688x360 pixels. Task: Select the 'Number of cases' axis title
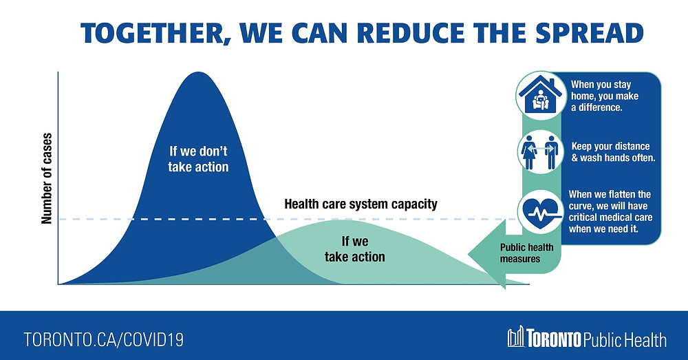tap(47, 178)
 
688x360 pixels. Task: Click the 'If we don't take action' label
tap(198, 159)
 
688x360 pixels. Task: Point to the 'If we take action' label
tap(355, 249)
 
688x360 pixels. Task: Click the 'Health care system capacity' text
tap(361, 204)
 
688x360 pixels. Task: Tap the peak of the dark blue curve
tap(198, 72)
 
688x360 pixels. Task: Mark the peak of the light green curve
tap(347, 220)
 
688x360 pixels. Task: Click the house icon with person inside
tap(541, 96)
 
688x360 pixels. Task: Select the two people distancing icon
tap(540, 152)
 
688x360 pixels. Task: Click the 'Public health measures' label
tap(526, 253)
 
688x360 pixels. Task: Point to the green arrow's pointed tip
tap(469, 254)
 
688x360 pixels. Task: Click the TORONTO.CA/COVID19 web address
tap(104, 340)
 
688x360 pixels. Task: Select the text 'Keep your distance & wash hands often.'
tap(613, 152)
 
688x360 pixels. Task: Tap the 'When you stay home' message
tap(605, 96)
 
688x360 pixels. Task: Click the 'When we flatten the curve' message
tap(610, 211)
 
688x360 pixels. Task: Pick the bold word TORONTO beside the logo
tap(554, 339)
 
